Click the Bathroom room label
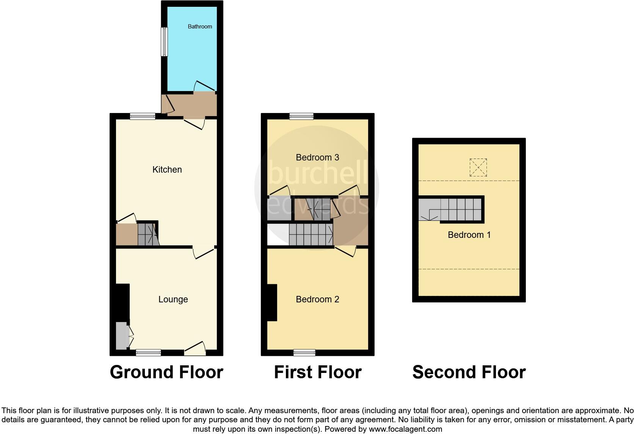point(200,27)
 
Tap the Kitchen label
point(167,170)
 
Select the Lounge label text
point(173,299)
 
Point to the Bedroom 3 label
point(317,157)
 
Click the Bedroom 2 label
point(317,299)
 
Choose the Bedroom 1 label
point(469,235)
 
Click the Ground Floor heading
point(166,372)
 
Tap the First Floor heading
point(317,372)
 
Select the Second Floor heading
point(469,372)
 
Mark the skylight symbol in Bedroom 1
point(478,167)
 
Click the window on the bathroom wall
point(164,42)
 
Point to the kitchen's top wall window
point(143,116)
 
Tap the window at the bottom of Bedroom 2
point(304,353)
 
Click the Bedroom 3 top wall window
point(301,116)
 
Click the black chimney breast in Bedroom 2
point(271,303)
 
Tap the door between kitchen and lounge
point(204,251)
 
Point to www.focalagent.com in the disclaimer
point(405,429)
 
